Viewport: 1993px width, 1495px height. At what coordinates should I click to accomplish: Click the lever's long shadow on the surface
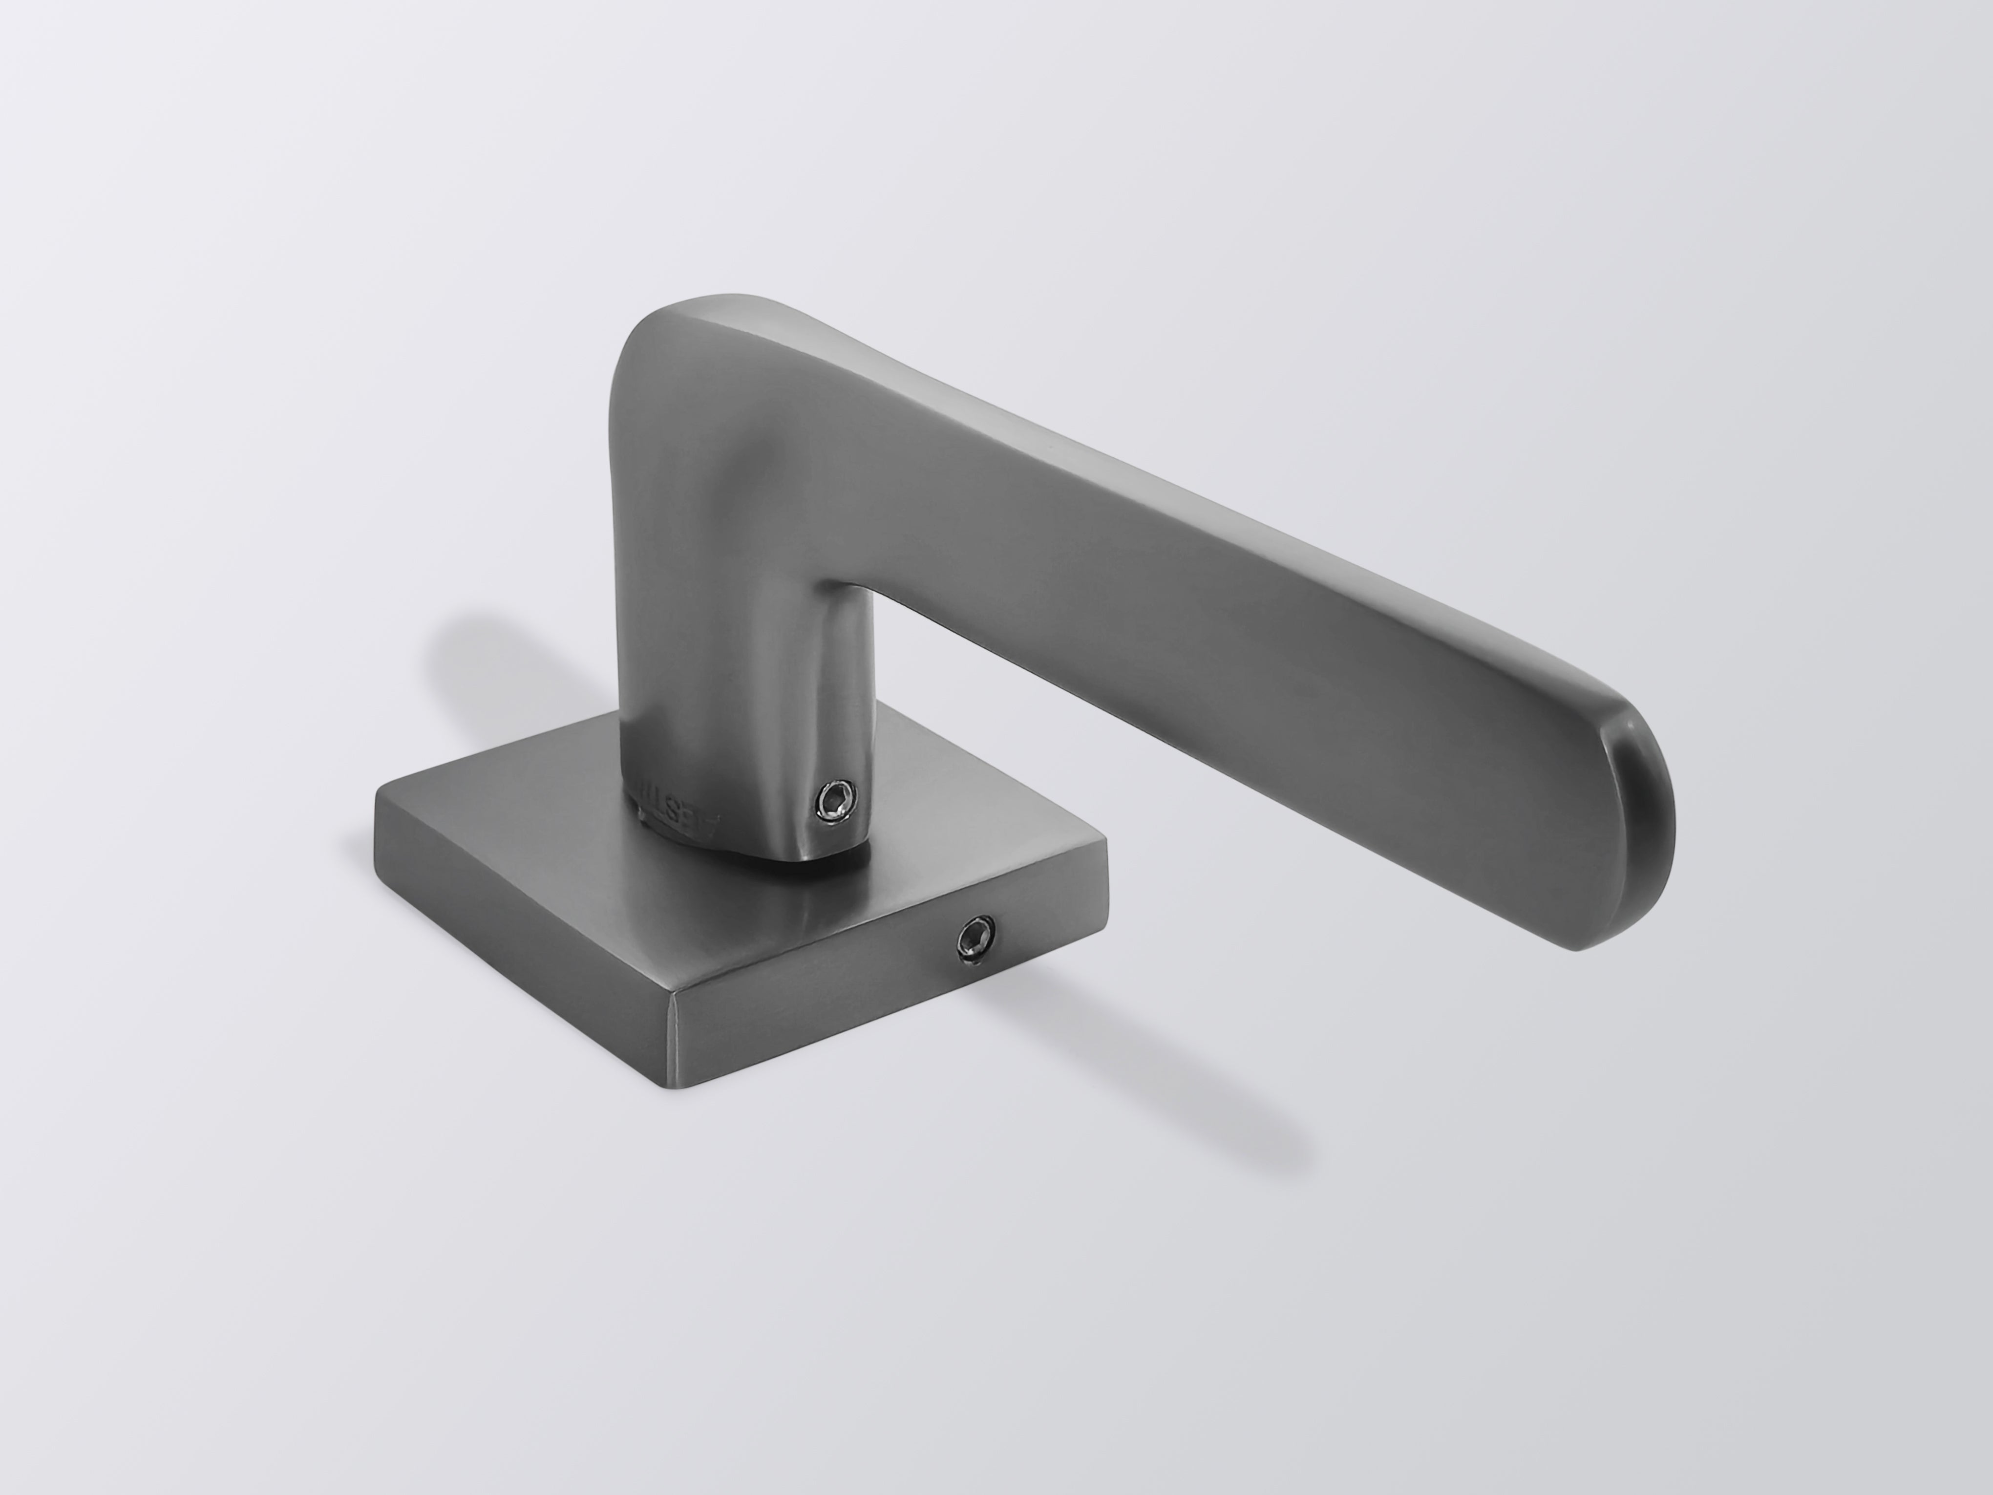(1126, 1046)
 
